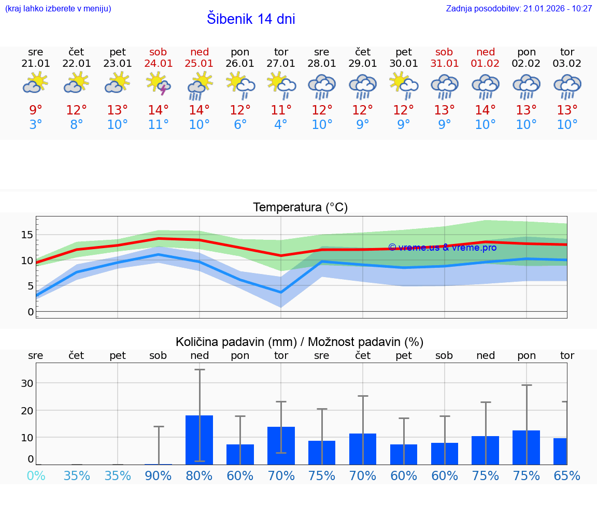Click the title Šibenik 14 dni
251,19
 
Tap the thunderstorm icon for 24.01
159,84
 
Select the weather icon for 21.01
36,83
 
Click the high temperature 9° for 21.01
36,110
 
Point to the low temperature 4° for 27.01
281,124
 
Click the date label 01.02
486,64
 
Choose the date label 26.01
240,64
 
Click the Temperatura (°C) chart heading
300,208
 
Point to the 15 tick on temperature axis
27,235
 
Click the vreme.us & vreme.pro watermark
442,248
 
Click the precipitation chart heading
300,342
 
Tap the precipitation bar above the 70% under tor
281,445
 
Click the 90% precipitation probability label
159,475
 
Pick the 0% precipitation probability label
36,475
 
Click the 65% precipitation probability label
567,475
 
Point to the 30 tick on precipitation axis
27,383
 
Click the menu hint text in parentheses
58,9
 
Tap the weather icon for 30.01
404,84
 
